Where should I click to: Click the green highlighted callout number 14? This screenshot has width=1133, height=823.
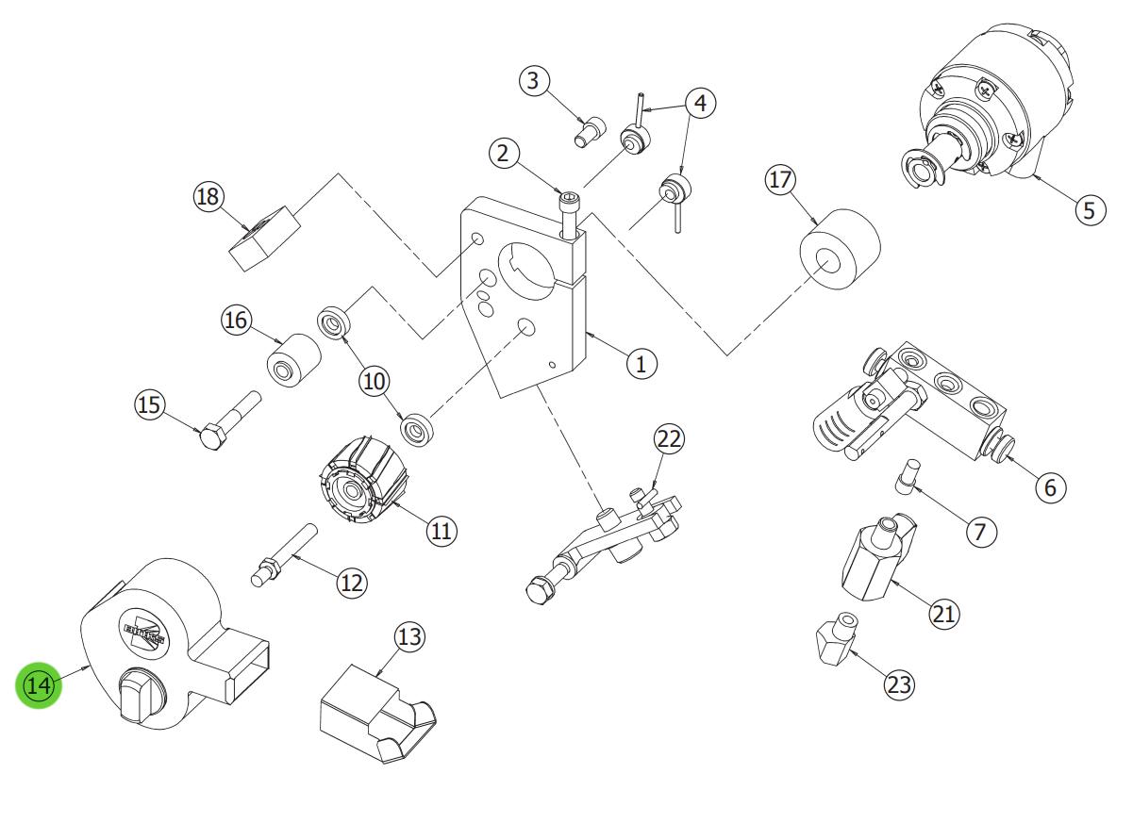pos(39,685)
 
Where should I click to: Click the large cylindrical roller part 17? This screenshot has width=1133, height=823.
pos(839,251)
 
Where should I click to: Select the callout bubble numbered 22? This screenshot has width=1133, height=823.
pos(669,438)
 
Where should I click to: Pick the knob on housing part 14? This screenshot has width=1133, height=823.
pos(139,695)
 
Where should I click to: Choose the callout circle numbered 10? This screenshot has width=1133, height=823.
pos(375,381)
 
